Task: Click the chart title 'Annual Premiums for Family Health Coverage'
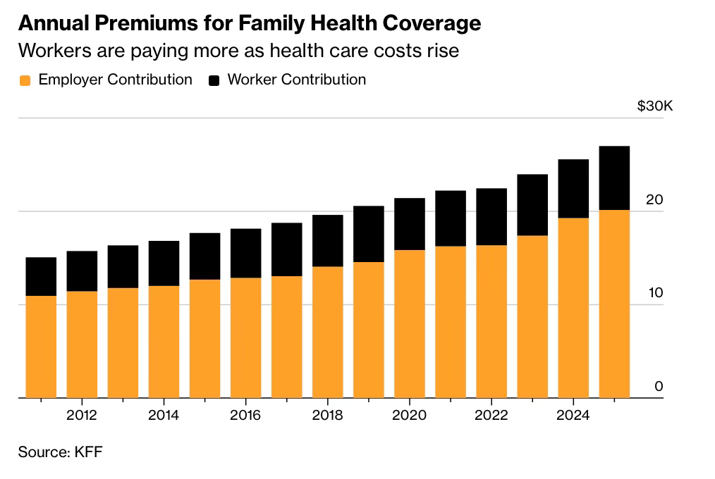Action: pos(250,23)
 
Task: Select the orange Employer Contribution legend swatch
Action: pos(25,80)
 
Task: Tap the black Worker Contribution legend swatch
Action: pos(214,80)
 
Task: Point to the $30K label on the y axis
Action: pos(655,106)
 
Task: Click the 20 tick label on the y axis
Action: pos(654,199)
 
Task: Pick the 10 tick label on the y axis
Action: pos(655,293)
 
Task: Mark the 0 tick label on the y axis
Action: pos(659,386)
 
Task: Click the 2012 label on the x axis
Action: pos(82,416)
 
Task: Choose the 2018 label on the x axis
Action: pos(327,416)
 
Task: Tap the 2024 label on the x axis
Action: pos(573,416)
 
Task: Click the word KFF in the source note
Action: pos(88,452)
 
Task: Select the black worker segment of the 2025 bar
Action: pos(614,178)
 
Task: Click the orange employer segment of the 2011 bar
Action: pos(41,347)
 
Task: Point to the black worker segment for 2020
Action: pos(410,224)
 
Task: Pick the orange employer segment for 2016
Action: pos(246,338)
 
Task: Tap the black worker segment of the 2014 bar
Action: pos(164,263)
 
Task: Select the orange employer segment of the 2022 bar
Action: pos(491,321)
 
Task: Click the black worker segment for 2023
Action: pos(532,205)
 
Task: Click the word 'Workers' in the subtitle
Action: pos(55,51)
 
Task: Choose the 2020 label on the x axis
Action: pos(410,416)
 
